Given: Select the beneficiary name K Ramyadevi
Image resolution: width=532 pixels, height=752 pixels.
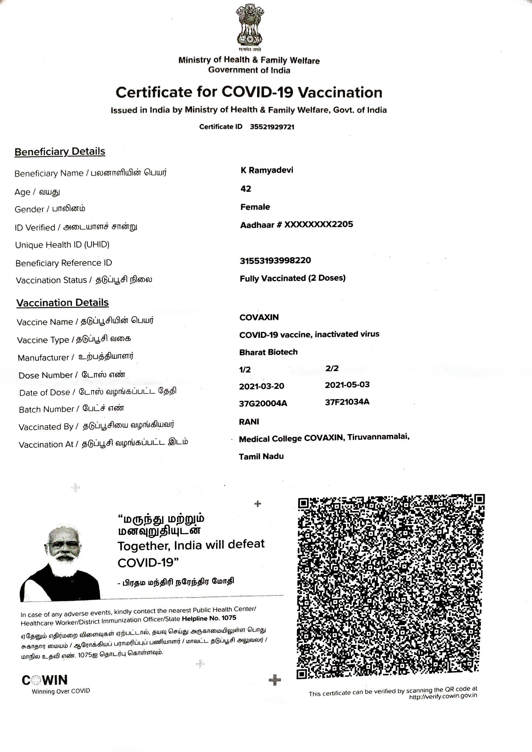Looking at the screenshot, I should click(x=267, y=170).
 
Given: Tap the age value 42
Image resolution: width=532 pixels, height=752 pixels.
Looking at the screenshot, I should click(x=246, y=189).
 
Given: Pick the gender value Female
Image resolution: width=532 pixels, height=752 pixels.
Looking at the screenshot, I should click(x=255, y=207).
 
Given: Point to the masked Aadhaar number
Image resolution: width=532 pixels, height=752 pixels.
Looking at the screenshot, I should click(x=297, y=225).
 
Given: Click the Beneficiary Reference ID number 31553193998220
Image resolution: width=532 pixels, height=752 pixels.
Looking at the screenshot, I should click(x=275, y=261).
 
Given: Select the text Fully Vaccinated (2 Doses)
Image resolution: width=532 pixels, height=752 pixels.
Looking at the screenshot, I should click(x=293, y=278).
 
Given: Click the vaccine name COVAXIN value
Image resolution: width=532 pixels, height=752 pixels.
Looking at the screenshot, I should click(x=259, y=317).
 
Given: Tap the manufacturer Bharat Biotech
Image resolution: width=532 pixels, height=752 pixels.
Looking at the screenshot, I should click(x=268, y=352).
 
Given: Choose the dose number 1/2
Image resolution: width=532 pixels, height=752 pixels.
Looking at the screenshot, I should click(x=245, y=370).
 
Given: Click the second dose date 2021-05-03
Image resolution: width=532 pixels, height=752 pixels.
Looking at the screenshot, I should click(x=347, y=385).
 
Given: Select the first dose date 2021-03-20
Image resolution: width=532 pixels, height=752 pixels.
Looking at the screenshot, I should click(x=261, y=386).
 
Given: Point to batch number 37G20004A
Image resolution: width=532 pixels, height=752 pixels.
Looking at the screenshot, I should click(x=263, y=403).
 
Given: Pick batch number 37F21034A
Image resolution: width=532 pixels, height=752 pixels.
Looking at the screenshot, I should click(x=347, y=402).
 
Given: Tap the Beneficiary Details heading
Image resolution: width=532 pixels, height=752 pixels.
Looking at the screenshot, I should click(x=60, y=152).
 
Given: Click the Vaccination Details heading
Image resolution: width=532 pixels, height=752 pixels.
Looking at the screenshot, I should click(x=62, y=303).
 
